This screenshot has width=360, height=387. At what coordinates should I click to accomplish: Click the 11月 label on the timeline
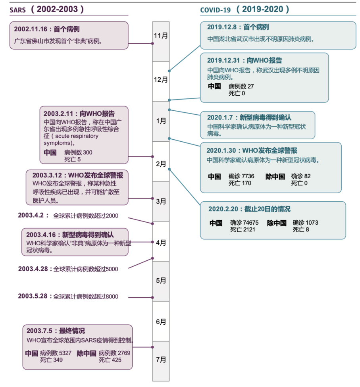(x=161, y=36)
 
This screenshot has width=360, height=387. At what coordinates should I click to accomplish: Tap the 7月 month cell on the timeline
(x=161, y=360)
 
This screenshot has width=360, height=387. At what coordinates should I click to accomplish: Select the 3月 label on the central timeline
(x=161, y=202)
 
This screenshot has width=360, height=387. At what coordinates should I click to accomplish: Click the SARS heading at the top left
(x=18, y=10)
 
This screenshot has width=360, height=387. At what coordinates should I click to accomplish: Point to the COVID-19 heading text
(x=216, y=10)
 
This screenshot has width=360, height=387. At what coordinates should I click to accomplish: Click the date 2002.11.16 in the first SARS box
(x=31, y=29)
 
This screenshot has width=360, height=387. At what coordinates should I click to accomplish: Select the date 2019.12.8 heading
(x=223, y=27)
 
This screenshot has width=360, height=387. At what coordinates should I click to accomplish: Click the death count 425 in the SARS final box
(x=116, y=360)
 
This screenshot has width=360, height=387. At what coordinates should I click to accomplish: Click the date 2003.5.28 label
(x=33, y=296)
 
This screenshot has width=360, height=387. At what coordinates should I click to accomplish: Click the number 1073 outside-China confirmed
(x=311, y=223)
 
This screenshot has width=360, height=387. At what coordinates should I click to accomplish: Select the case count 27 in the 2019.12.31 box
(x=250, y=86)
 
